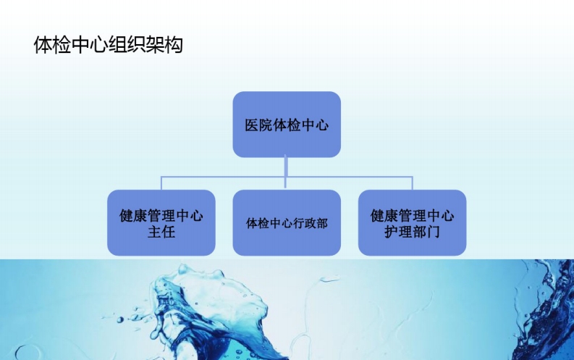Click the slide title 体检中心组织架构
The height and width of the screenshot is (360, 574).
(x=108, y=45)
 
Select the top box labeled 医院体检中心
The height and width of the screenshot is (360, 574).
(x=287, y=124)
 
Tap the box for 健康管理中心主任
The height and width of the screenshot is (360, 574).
(x=161, y=222)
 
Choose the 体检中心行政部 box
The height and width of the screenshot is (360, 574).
(x=287, y=222)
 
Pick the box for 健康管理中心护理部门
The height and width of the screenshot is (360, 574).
(x=412, y=222)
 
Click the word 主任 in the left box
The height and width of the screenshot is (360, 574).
(x=161, y=233)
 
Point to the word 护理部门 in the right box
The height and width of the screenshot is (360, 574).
(x=413, y=233)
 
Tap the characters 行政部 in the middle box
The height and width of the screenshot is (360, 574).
(x=308, y=223)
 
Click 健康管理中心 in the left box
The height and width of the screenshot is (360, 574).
(x=161, y=215)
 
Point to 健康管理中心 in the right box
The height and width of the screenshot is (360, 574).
(x=413, y=215)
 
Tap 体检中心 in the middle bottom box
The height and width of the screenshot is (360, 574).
(x=266, y=223)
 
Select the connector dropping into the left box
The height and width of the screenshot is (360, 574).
(x=161, y=183)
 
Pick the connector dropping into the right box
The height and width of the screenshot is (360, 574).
(x=412, y=183)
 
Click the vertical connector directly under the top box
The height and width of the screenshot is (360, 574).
(x=287, y=166)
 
